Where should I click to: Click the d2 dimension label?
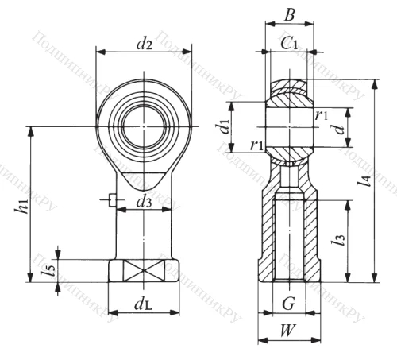(x=144, y=44)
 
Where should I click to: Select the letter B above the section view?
(x=290, y=14)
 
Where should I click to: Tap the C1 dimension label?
(x=290, y=46)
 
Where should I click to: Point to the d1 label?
(x=224, y=126)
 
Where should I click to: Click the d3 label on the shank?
(x=144, y=203)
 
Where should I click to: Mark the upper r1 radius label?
(x=322, y=116)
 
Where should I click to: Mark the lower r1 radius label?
(x=256, y=145)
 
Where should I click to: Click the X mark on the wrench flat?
(x=143, y=270)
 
